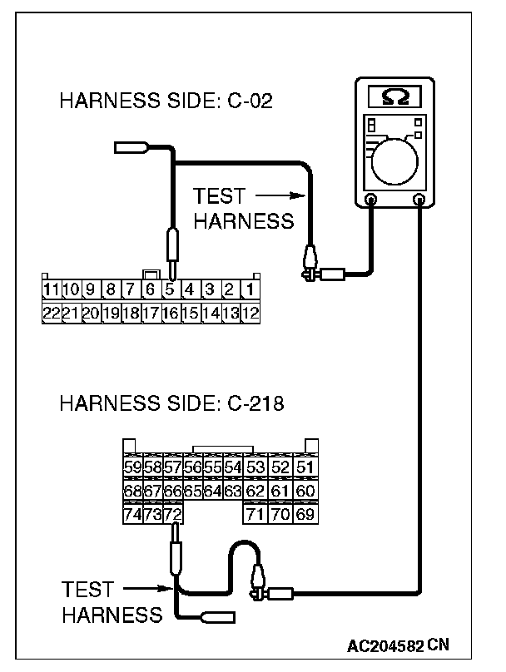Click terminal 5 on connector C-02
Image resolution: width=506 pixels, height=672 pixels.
point(170,291)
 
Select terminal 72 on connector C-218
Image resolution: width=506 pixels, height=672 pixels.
point(172,515)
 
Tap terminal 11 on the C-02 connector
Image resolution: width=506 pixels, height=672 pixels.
point(52,291)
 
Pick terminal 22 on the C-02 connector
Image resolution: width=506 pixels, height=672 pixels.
point(52,314)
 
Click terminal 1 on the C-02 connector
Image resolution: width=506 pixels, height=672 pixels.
point(250,291)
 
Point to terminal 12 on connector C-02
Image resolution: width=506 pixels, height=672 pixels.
point(251,314)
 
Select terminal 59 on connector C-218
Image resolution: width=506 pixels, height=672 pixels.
point(132,468)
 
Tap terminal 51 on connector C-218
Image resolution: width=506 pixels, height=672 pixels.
point(305,468)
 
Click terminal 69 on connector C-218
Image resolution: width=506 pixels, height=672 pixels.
point(305,515)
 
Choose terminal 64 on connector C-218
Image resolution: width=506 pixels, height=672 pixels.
point(212,492)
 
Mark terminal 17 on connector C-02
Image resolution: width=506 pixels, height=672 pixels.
point(151,314)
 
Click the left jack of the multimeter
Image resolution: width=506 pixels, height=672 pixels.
point(371,200)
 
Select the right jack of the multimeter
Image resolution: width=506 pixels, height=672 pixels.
point(419,200)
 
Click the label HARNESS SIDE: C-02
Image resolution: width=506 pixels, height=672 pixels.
point(166,102)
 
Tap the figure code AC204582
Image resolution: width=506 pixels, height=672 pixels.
point(387,645)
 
